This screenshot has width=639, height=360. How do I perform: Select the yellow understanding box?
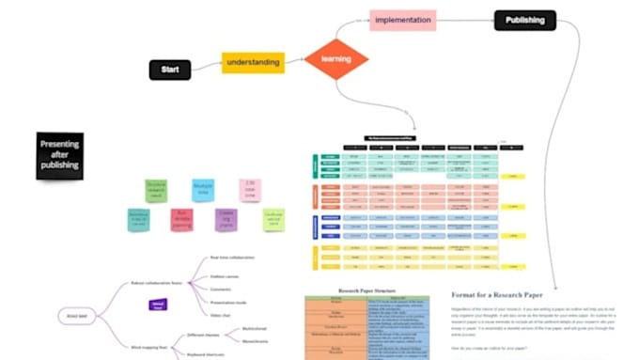tap(253, 63)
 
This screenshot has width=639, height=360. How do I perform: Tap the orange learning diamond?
tap(335, 60)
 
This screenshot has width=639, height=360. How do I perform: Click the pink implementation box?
tap(403, 20)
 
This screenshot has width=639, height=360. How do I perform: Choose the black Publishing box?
tap(524, 20)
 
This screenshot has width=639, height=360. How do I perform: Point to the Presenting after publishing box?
tap(59, 156)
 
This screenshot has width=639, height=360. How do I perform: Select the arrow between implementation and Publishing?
tap(465, 20)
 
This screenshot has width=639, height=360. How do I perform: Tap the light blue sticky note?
tap(203, 191)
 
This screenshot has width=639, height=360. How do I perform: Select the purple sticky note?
tap(227, 220)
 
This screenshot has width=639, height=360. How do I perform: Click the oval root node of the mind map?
tap(71, 316)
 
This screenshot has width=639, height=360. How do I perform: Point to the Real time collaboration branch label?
tap(231, 257)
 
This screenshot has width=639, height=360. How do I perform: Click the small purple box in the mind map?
tap(159, 305)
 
